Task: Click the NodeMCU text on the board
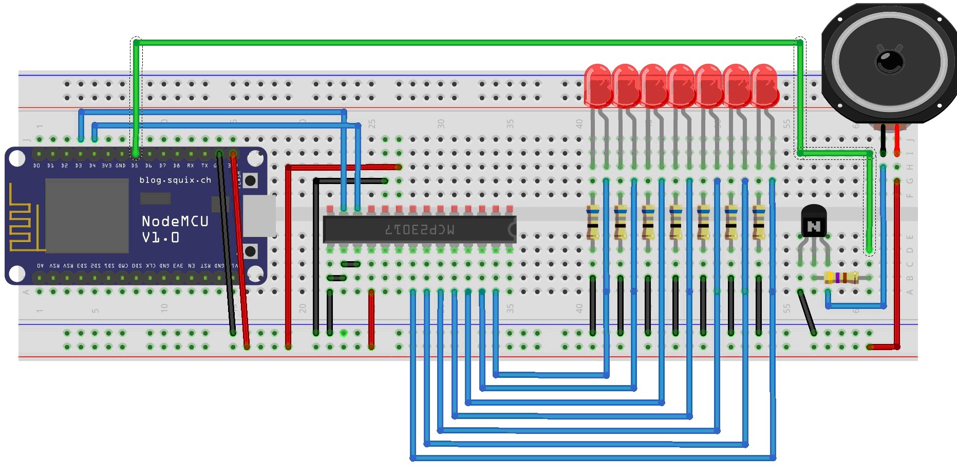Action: (x=175, y=222)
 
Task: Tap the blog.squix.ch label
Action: (x=175, y=180)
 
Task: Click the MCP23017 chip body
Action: (x=419, y=229)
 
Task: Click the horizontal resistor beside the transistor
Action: (x=841, y=278)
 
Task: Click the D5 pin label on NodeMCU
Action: (x=135, y=166)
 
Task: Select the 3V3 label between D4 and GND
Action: (x=106, y=166)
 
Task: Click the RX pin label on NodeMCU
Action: (x=191, y=166)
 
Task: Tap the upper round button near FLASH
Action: (x=250, y=180)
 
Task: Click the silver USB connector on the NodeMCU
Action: (x=259, y=216)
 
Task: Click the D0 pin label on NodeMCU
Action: (x=36, y=166)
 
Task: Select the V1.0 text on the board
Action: (x=160, y=238)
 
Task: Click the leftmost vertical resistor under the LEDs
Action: (x=593, y=222)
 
